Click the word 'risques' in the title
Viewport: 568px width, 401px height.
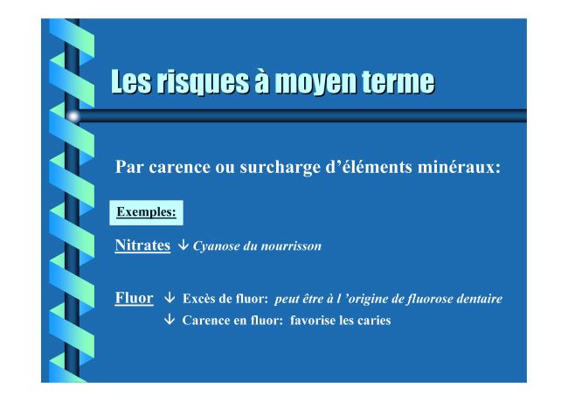202,82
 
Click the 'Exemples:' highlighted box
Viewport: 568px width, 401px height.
146,212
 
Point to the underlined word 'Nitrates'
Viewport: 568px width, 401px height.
142,245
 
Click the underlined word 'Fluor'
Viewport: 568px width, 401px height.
134,298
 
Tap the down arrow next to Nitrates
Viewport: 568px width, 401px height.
183,245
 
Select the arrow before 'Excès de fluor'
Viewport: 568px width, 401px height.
170,298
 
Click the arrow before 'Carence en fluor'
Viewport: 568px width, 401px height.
170,319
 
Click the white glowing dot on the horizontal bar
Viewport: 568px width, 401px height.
73,116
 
